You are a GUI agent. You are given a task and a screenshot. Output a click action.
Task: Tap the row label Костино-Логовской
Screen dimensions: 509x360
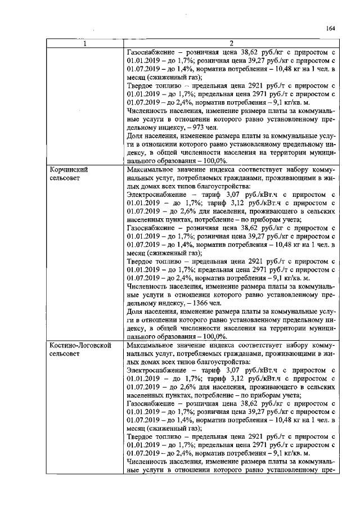80,344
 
